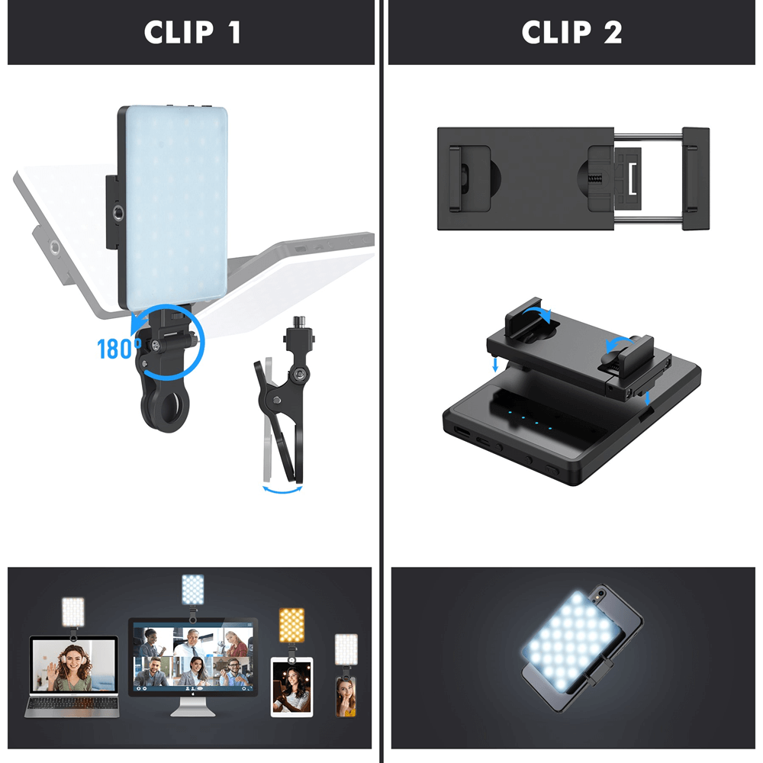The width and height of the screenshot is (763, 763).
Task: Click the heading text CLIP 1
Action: pos(192,32)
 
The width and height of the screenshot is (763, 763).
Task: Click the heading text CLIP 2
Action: pos(571,32)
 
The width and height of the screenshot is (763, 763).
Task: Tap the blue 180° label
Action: pos(119,349)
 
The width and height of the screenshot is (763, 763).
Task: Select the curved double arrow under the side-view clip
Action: pos(282,490)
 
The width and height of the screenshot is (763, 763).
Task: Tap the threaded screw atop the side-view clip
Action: pos(298,322)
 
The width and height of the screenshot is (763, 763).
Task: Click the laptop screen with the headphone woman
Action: pos(73,665)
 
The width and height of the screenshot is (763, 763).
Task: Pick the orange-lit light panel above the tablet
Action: pos(291,626)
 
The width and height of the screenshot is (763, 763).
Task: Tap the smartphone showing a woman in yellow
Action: pos(346,697)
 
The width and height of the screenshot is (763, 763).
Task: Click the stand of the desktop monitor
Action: pos(193,707)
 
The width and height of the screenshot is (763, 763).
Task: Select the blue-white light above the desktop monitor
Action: pos(193,590)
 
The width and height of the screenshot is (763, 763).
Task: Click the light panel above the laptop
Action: pos(73,612)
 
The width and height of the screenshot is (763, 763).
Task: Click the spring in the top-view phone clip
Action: pos(594,179)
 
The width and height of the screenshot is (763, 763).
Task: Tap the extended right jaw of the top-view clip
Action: pos(695,179)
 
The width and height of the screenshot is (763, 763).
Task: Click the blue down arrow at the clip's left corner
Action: pos(495,365)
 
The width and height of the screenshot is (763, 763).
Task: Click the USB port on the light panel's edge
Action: pos(462,432)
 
